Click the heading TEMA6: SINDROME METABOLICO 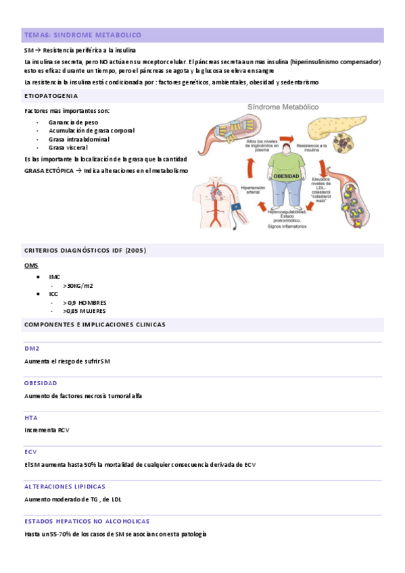point(82,35)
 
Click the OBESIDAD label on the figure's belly point(286,176)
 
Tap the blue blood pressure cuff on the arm point(235,208)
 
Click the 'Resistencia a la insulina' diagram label point(312,147)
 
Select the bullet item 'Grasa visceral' point(69,147)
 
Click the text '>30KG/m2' point(78,286)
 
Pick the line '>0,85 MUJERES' point(85,311)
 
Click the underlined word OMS point(31,266)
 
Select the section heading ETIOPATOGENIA point(51,97)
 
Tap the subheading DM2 point(32,349)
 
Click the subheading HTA point(30,418)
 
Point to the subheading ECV point(30,452)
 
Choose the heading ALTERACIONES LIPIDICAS point(64,487)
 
